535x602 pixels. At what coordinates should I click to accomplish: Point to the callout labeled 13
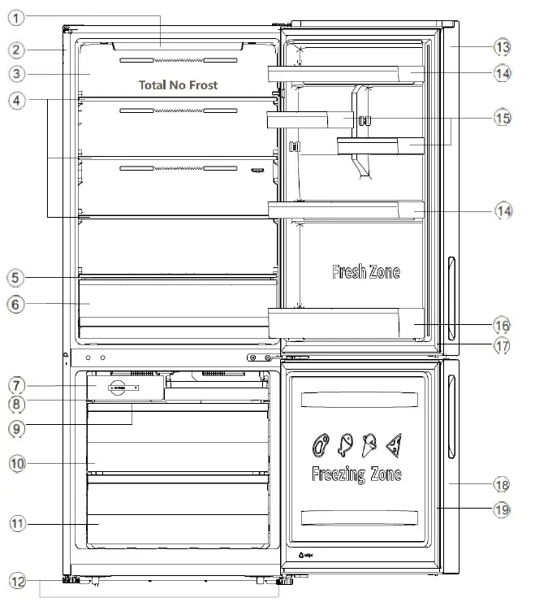pos(503,45)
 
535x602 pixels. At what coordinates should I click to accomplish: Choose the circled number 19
pos(503,509)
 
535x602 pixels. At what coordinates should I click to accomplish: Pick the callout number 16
pos(503,325)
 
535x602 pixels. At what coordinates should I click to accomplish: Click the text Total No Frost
pos(178,84)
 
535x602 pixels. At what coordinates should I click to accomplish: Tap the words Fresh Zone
pos(365,272)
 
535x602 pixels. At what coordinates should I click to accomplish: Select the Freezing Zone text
pos(356,474)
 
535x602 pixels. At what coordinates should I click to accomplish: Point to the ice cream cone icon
pos(369,444)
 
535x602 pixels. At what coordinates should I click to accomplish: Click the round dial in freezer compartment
pos(119,388)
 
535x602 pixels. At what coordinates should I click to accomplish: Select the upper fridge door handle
pos(451,279)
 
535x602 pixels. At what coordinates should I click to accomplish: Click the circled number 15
pos(503,118)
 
